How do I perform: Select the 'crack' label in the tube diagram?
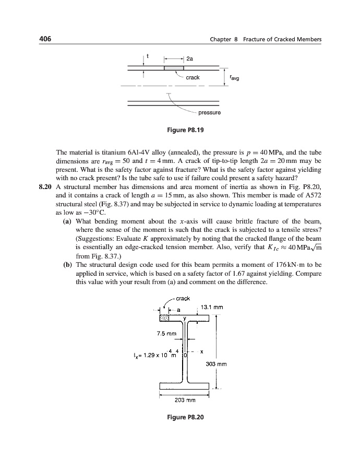click(x=193, y=77)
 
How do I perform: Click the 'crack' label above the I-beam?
click(x=183, y=299)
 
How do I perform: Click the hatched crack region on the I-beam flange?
click(x=165, y=318)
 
